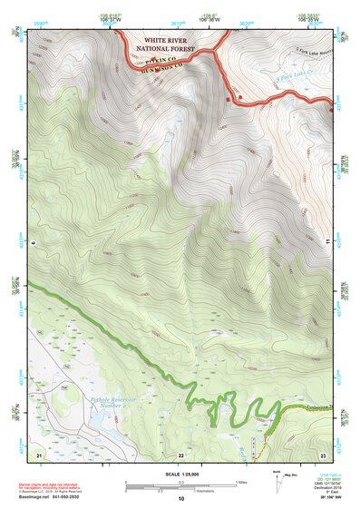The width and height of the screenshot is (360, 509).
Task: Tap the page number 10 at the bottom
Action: click(x=180, y=499)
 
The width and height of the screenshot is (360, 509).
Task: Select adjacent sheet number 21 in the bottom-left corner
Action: click(x=39, y=453)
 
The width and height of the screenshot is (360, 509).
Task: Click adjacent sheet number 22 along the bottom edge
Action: click(x=180, y=453)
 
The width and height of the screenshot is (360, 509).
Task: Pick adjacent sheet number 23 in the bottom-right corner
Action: click(x=322, y=453)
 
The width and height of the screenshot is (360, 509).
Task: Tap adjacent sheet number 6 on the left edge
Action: click(x=32, y=243)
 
